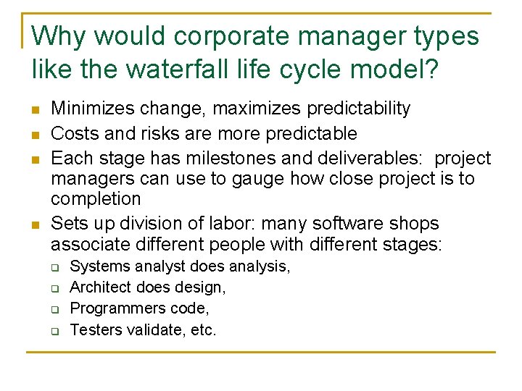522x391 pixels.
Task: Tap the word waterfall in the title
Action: pyautogui.click(x=176, y=70)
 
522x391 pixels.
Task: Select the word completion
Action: pyautogui.click(x=96, y=198)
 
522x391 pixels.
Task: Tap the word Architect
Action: pyautogui.click(x=100, y=287)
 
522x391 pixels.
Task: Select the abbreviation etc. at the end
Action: pyautogui.click(x=202, y=329)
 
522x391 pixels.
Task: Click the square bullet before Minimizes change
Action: pyautogui.click(x=36, y=110)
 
